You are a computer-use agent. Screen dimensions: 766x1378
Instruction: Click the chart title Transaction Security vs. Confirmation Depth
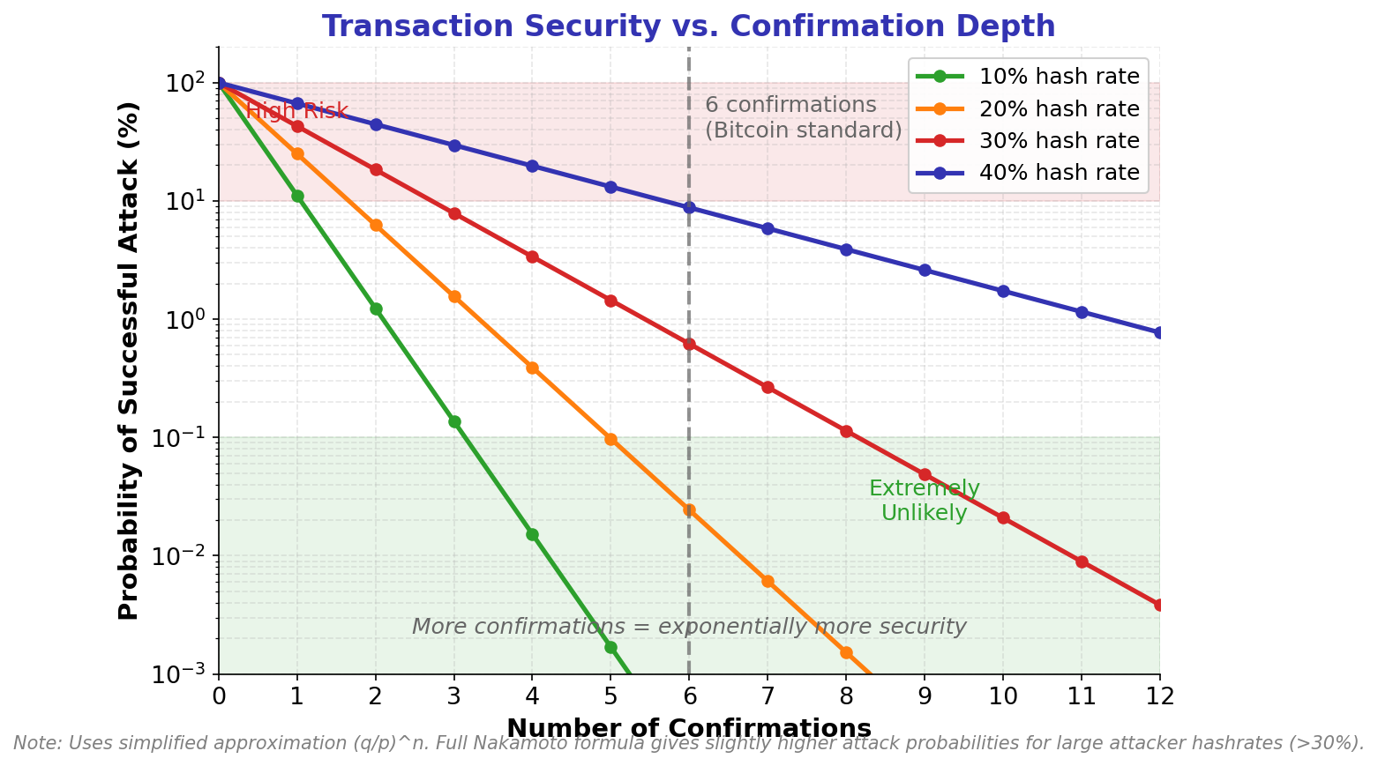tap(688, 26)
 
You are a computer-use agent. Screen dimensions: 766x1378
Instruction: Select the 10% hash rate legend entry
tap(1059, 76)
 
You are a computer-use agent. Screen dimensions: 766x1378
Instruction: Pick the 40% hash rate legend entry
tap(1059, 173)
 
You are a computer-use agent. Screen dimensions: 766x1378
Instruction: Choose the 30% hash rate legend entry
tap(1059, 141)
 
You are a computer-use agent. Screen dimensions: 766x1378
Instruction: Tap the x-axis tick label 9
tap(925, 696)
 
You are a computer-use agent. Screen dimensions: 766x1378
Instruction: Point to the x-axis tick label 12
tap(1159, 696)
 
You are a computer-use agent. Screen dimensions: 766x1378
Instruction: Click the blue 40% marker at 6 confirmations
tap(689, 208)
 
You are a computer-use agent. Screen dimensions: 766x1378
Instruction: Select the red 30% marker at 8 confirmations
tap(846, 431)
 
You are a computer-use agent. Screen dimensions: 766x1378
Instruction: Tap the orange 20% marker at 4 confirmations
tap(532, 368)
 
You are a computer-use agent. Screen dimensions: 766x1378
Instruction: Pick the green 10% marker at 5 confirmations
tap(610, 647)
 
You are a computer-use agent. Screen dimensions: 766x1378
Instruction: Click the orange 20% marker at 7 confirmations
tap(768, 581)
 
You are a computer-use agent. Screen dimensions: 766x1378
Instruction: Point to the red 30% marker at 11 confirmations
tap(1082, 561)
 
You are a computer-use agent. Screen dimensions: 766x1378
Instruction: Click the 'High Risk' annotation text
tap(296, 112)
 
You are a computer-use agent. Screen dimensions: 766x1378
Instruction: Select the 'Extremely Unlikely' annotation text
tap(924, 501)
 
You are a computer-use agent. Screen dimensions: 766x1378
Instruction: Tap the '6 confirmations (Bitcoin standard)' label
tap(803, 118)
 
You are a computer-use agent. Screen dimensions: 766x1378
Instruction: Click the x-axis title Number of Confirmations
tap(689, 728)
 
